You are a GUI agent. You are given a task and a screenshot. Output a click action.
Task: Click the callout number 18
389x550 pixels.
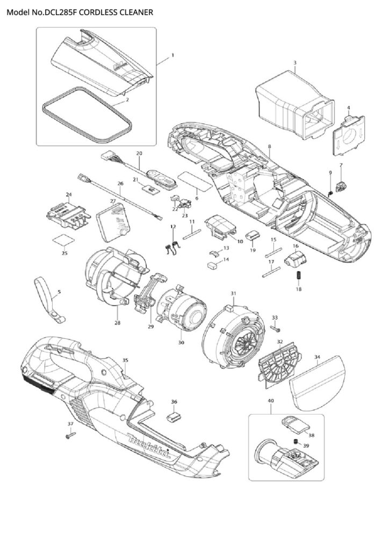click(299, 289)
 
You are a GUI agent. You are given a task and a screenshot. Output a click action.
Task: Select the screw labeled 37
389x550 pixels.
click(70, 435)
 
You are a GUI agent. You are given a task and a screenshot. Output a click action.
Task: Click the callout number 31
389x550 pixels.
click(233, 293)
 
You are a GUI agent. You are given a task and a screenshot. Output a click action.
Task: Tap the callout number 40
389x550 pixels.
click(271, 401)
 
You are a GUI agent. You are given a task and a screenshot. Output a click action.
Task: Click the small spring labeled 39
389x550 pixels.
click(296, 441)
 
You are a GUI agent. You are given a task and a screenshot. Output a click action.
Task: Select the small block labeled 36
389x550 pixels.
click(174, 417)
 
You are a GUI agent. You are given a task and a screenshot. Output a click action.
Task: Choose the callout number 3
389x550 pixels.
click(295, 62)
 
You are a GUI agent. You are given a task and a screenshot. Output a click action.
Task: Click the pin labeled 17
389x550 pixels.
click(271, 272)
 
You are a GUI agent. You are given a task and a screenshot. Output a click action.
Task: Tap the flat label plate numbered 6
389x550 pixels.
click(195, 179)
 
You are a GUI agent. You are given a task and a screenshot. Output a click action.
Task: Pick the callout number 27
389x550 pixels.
click(113, 201)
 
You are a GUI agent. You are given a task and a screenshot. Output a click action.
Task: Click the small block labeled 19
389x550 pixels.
click(254, 236)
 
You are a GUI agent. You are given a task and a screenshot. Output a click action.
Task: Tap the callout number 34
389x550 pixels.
click(318, 357)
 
